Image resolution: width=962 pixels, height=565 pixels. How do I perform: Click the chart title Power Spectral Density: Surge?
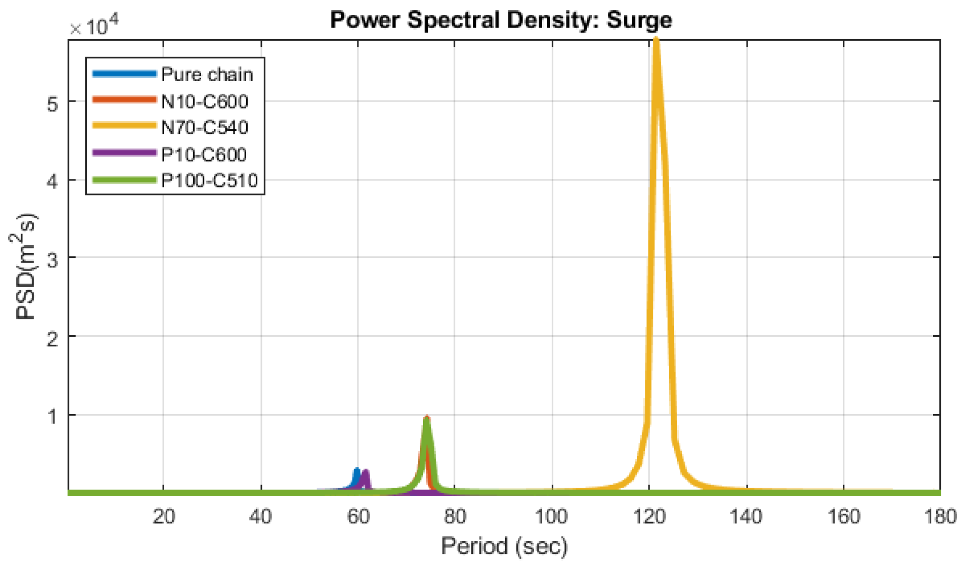501,20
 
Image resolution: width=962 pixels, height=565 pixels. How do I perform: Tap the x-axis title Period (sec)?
504,546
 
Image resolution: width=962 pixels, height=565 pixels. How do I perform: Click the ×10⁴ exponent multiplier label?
95,25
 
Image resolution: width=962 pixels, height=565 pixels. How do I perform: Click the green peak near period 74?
427,421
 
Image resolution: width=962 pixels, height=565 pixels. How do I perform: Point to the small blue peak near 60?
357,471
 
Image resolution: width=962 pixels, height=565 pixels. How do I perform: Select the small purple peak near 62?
365,472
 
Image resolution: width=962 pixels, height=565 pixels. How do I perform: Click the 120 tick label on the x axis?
649,516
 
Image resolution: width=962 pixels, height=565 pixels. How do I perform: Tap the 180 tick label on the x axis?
940,516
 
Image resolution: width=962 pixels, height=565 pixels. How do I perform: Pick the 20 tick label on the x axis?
164,516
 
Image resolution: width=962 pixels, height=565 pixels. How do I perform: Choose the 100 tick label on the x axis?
552,516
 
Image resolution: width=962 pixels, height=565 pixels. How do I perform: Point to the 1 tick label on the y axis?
52,416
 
